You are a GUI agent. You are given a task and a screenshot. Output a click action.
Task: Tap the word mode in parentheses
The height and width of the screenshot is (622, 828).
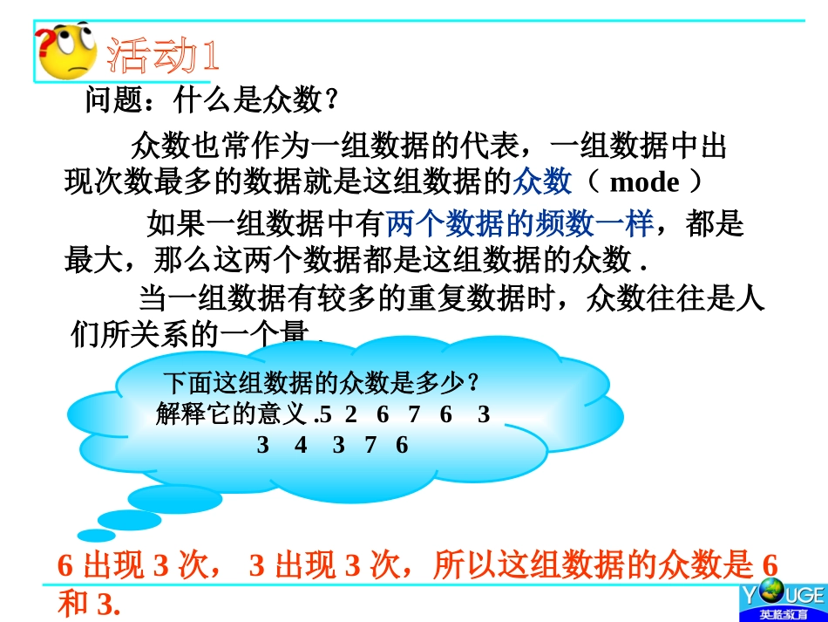pyautogui.click(x=644, y=182)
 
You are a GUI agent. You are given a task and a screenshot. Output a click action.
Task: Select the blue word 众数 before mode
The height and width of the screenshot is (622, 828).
pyautogui.click(x=542, y=181)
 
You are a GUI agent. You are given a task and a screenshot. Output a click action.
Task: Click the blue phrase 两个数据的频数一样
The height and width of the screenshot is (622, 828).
pyautogui.click(x=519, y=225)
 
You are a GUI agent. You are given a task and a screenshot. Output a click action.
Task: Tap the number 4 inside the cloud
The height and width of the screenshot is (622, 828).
pyautogui.click(x=301, y=446)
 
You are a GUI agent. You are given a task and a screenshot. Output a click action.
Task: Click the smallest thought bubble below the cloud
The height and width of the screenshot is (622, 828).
pyautogui.click(x=95, y=535)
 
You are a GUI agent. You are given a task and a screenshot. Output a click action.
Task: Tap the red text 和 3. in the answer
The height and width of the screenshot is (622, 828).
pyautogui.click(x=87, y=605)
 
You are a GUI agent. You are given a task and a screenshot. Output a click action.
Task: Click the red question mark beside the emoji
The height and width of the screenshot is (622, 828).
pyautogui.click(x=41, y=39)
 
